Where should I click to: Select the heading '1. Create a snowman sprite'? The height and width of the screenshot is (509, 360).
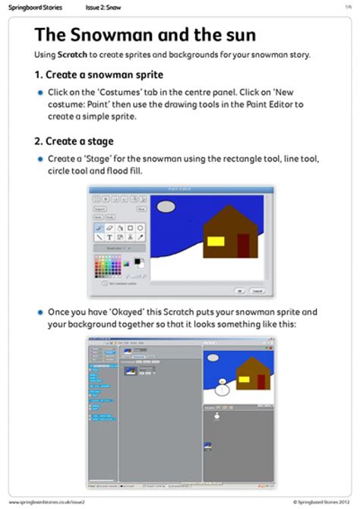click(98, 75)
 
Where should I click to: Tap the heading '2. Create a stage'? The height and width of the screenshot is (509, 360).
click(74, 141)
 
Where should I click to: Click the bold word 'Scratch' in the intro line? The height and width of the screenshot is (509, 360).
click(72, 55)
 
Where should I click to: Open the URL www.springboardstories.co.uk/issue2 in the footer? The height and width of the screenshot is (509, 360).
click(46, 502)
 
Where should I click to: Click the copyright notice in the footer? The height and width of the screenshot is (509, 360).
click(317, 502)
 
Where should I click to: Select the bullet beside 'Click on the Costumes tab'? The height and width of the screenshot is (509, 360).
click(40, 92)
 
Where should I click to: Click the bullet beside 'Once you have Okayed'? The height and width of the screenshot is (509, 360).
click(40, 312)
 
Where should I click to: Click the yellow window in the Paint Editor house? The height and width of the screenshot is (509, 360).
click(216, 242)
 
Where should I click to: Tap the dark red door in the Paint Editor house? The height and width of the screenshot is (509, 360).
click(243, 245)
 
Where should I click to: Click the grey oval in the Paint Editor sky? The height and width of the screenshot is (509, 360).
click(166, 206)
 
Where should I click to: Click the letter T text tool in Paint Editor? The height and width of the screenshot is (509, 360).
click(109, 237)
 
